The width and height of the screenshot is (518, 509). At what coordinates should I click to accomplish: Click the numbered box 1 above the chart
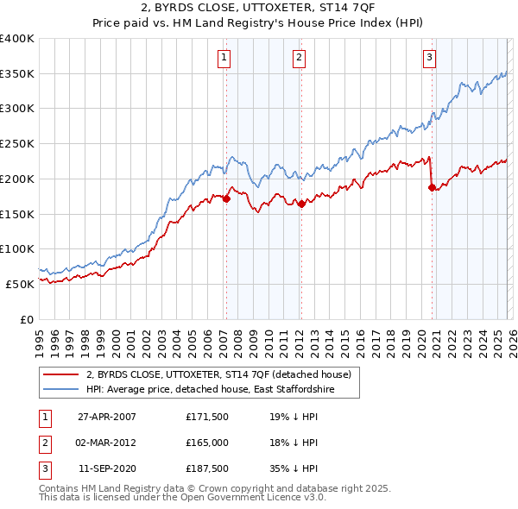click(x=224, y=58)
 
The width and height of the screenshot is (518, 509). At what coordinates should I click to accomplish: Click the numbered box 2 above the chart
click(x=299, y=58)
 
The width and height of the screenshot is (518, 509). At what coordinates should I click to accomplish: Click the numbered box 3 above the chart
click(x=429, y=58)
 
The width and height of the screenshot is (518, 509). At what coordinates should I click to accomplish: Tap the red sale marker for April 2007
click(x=226, y=198)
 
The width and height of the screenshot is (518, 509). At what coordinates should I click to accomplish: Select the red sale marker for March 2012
click(x=301, y=204)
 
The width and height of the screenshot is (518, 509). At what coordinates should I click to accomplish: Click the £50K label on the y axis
click(x=20, y=284)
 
